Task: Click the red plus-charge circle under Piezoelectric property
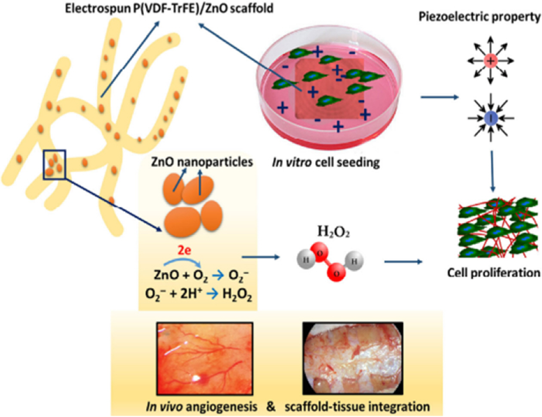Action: tap(491, 60)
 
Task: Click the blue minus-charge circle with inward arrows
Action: tap(491, 117)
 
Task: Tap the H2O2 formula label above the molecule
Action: tap(333, 233)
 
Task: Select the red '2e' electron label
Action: tap(184, 250)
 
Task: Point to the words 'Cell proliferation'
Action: tap(493, 273)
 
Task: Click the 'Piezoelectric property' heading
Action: tap(479, 17)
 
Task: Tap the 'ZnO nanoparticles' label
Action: tap(202, 162)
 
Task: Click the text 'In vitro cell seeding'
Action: tap(326, 163)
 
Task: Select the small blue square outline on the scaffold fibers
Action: tap(54, 164)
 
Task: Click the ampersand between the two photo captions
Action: tap(271, 406)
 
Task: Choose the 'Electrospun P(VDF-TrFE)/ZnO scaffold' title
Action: tap(169, 8)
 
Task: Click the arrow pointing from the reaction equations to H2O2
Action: tap(260, 258)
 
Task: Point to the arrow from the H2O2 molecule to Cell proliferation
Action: tap(403, 261)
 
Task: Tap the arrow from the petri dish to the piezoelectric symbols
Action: tap(439, 98)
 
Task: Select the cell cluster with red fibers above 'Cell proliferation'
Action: tap(497, 228)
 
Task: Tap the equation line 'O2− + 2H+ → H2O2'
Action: tap(198, 295)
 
